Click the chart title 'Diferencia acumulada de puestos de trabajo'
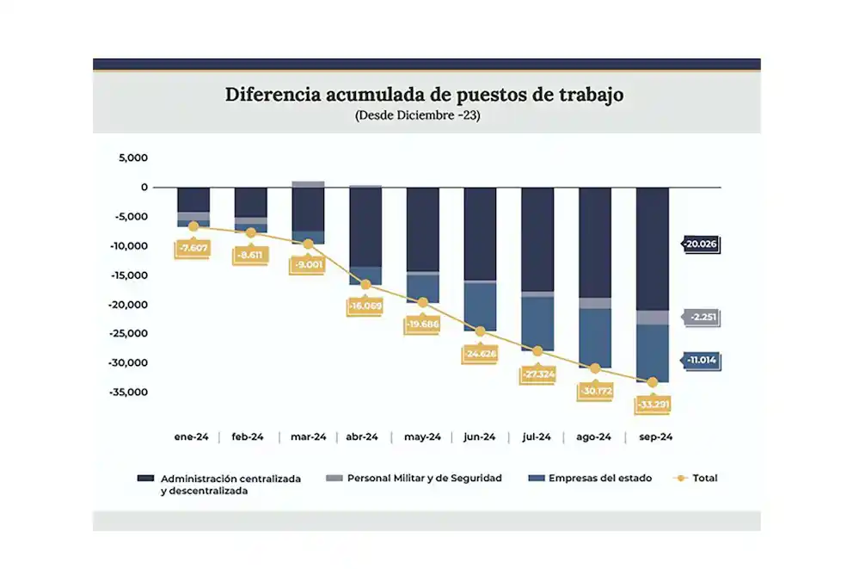click(424, 95)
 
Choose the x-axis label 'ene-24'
click(191, 437)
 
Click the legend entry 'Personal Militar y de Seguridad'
click(415, 478)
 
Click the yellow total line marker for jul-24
click(537, 351)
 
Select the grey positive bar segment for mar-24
click(308, 184)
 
